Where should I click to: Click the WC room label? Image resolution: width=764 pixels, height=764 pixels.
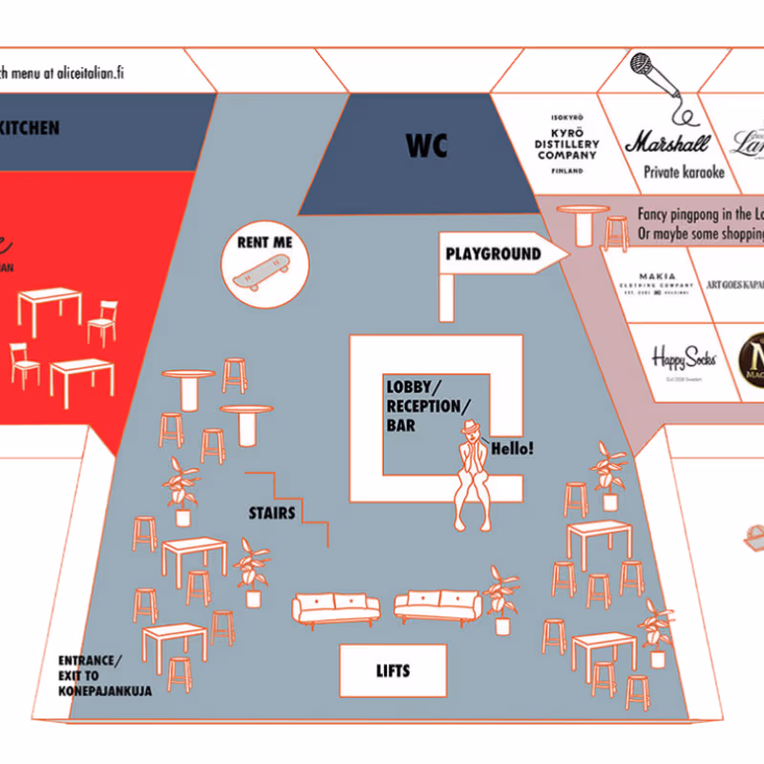[x=426, y=146]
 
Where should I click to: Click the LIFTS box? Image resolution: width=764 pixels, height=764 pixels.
[x=393, y=670]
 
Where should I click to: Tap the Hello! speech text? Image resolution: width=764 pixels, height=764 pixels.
[x=512, y=447]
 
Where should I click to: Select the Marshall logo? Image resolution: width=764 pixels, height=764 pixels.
[x=668, y=143]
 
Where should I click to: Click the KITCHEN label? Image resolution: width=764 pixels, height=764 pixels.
[x=29, y=128]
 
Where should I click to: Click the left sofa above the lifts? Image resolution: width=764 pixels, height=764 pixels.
[x=335, y=607]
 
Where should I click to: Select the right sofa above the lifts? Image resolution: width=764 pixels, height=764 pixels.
[x=436, y=605]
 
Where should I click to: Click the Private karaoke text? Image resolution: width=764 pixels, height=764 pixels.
[x=684, y=173]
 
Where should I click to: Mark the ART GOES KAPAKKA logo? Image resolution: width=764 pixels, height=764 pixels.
[x=734, y=284]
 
